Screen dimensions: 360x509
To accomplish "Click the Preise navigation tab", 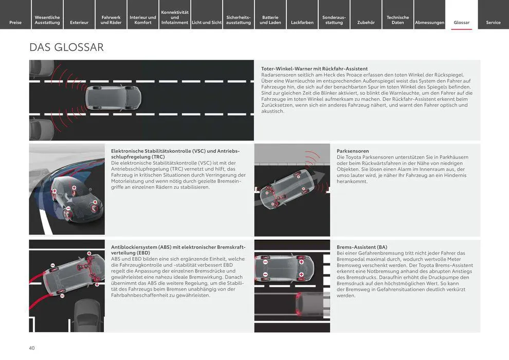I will (15, 22).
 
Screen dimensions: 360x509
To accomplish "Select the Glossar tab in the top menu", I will (461, 22).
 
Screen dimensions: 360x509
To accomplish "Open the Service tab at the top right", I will (493, 22).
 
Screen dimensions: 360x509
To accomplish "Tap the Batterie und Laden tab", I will (270, 20).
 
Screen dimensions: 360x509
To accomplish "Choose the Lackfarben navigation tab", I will (302, 22).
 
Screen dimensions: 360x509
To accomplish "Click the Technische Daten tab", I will (397, 20).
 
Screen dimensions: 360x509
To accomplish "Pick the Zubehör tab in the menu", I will (366, 22).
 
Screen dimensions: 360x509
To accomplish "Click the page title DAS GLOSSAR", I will (66, 47).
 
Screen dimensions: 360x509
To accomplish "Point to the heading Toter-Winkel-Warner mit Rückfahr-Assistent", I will (314, 68).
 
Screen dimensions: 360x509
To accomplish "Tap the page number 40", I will (32, 348).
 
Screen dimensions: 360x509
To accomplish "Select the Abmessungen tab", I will (429, 22).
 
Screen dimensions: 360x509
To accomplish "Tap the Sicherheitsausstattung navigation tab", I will (239, 20).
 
